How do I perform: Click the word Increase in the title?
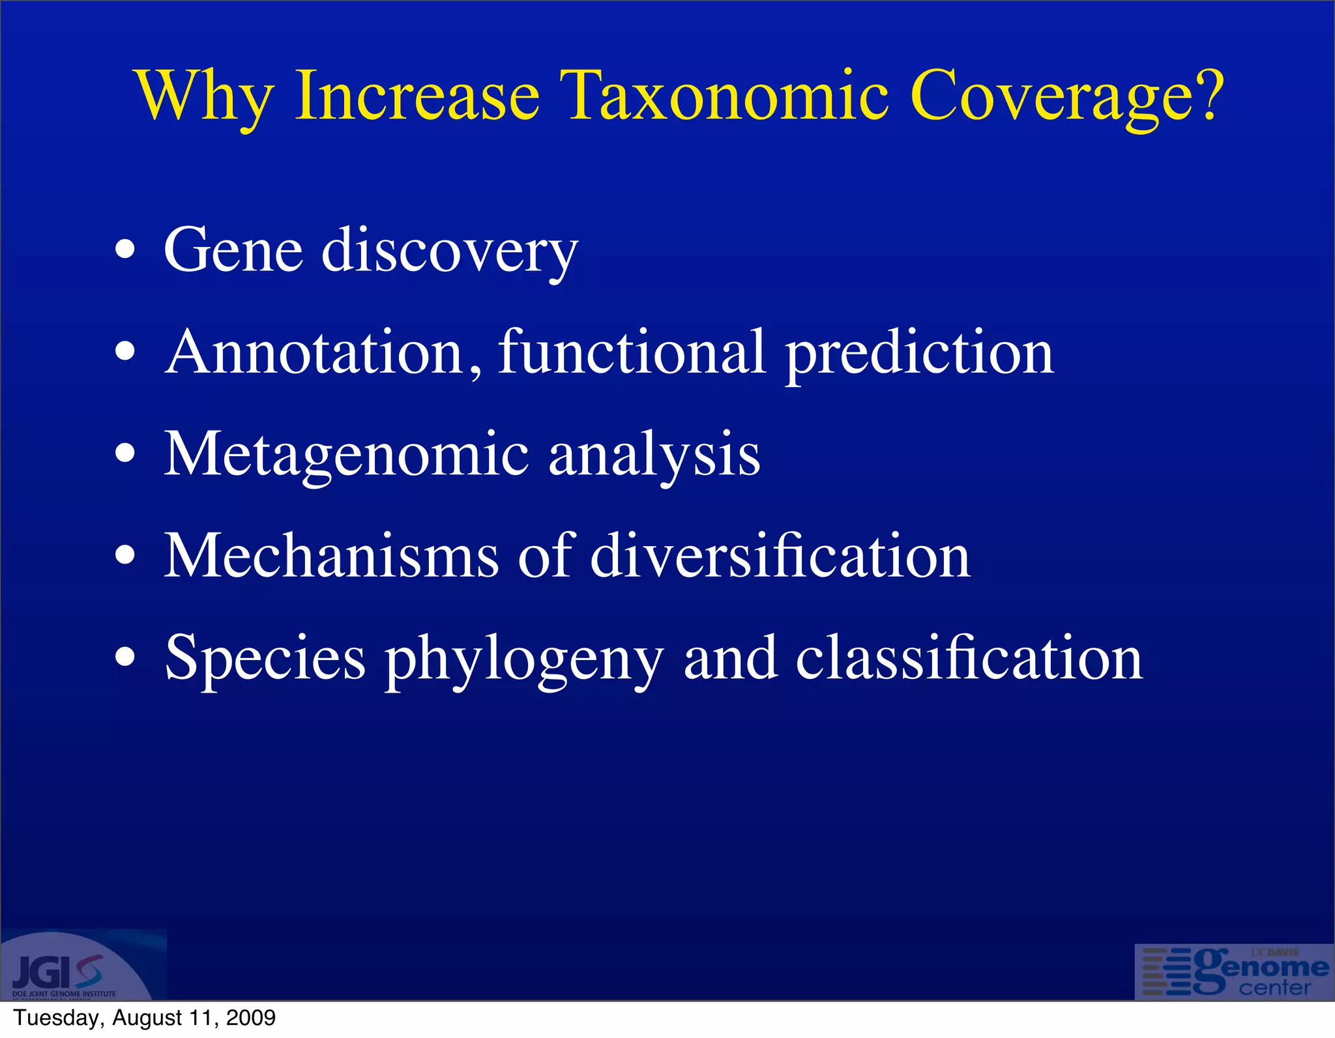[417, 96]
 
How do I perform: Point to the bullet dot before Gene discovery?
[125, 250]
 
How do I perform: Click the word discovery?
[449, 251]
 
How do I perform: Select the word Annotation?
[323, 353]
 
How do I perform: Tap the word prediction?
[919, 353]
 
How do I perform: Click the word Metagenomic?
[345, 455]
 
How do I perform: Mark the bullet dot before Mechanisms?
[125, 556]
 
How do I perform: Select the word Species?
[265, 659]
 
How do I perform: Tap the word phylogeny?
[524, 659]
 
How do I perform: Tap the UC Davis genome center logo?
[1234, 972]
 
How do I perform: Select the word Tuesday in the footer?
[56, 1018]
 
